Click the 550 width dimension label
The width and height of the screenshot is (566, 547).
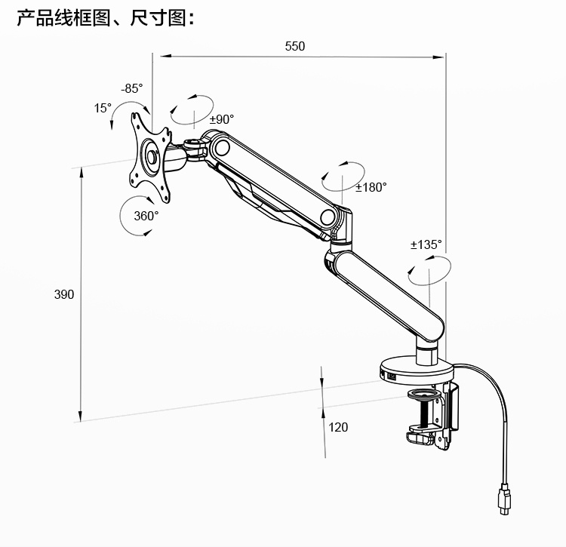[295, 46]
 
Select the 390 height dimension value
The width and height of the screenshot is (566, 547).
[64, 294]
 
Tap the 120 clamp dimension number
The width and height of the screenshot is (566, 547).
[338, 427]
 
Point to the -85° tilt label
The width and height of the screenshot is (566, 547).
[131, 88]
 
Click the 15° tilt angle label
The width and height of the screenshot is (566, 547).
[103, 108]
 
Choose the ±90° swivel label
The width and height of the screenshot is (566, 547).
[222, 119]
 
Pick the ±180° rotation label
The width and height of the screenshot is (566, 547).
[371, 187]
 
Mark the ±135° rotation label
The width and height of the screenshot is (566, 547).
[426, 244]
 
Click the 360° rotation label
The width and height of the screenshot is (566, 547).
[146, 216]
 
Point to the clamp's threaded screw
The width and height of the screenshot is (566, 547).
[432, 411]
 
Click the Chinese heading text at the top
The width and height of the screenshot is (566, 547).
[106, 18]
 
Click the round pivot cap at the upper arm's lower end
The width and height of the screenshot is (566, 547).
[328, 217]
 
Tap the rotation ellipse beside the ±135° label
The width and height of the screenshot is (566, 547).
[428, 269]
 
